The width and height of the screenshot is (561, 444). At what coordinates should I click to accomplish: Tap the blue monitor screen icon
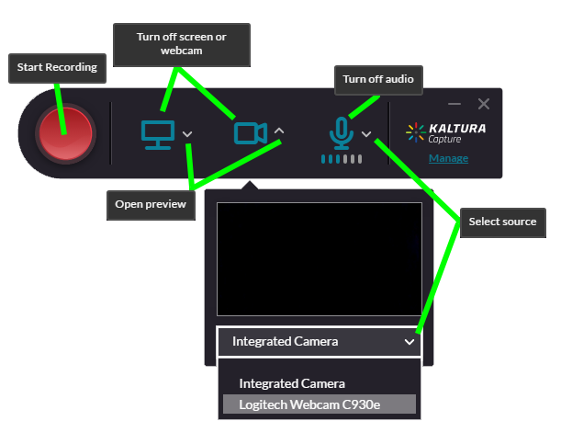point(157,134)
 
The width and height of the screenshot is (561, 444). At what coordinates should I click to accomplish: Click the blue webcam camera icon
point(249,133)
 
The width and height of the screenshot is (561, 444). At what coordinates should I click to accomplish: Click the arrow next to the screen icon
point(187,134)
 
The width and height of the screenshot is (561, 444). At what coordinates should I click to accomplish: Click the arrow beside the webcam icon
point(279,131)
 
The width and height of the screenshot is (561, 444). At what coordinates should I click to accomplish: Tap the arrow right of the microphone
point(366,134)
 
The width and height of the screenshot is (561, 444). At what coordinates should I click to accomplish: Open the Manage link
point(448,158)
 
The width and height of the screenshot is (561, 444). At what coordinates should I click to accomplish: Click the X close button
point(484,104)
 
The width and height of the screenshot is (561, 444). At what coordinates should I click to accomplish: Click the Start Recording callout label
point(57,67)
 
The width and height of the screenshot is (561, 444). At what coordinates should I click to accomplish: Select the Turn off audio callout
point(377,79)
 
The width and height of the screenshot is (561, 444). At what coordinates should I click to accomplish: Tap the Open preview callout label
point(151,204)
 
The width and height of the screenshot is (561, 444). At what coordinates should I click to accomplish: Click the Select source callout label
point(502,222)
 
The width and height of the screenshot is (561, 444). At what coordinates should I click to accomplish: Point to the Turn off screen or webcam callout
point(181,43)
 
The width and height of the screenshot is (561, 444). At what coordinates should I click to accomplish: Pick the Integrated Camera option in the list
point(291,383)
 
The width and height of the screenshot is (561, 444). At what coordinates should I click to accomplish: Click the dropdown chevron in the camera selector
point(409,342)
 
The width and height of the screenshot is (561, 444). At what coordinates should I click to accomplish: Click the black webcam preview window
point(319,259)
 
